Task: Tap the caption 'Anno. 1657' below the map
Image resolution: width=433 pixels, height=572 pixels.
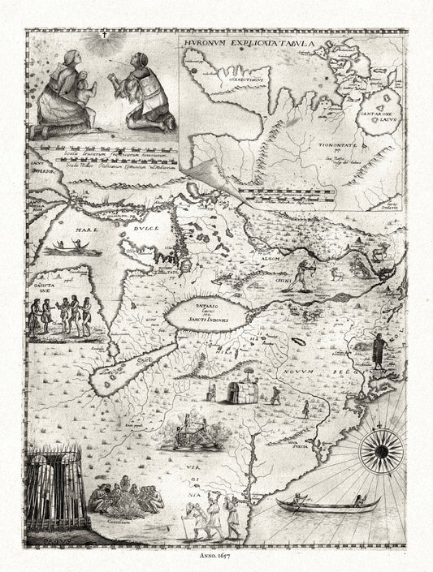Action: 216,557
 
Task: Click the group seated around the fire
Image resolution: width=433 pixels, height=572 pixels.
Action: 124,497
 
